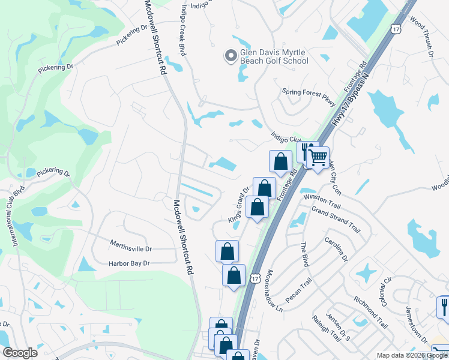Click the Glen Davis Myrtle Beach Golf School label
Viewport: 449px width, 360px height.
(274, 56)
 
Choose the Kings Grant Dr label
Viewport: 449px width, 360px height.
(238, 205)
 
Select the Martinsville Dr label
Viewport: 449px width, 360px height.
(131, 247)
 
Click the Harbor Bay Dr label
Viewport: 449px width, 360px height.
(128, 263)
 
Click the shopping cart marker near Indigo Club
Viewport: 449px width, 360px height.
(318, 158)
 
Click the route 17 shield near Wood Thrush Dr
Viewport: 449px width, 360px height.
(394, 28)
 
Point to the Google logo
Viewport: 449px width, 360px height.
(19, 353)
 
